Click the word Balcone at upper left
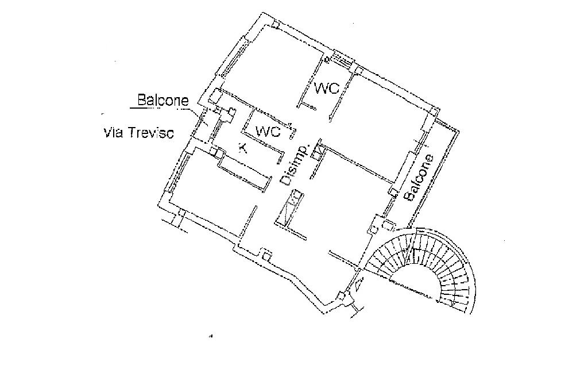[x=163, y=100]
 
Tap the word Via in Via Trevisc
[x=113, y=133]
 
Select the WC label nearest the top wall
[x=326, y=88]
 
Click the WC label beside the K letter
[x=268, y=132]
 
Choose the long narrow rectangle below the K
[x=244, y=172]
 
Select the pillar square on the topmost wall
[x=276, y=25]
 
